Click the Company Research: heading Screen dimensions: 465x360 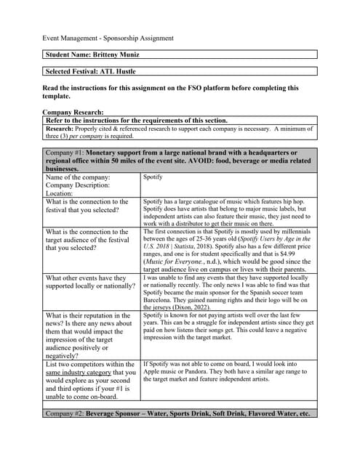click(73, 113)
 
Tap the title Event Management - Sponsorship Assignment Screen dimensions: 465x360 click(108, 38)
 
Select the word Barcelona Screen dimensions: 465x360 click(159, 297)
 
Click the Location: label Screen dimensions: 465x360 click(61, 193)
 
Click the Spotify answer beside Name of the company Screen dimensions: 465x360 click(153, 177)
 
